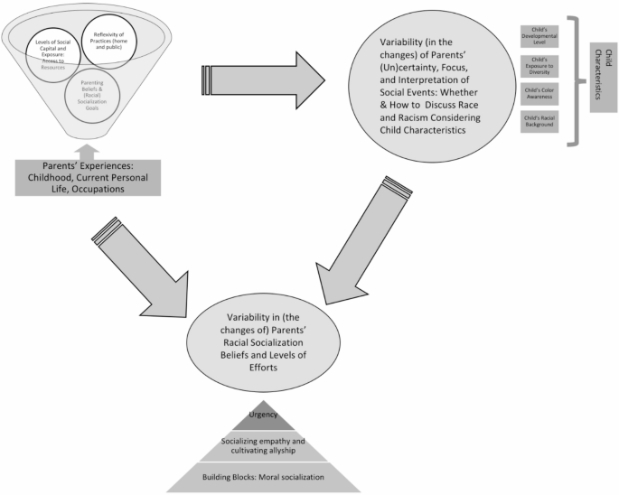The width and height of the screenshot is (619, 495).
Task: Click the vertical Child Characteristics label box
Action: tap(604, 77)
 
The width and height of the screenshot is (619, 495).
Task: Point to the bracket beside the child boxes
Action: tap(571, 77)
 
